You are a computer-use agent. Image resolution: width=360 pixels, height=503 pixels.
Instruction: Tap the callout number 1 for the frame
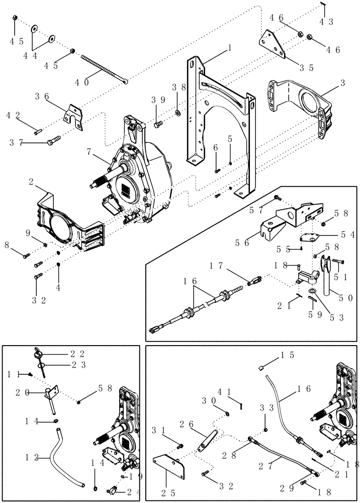tap(229, 48)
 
